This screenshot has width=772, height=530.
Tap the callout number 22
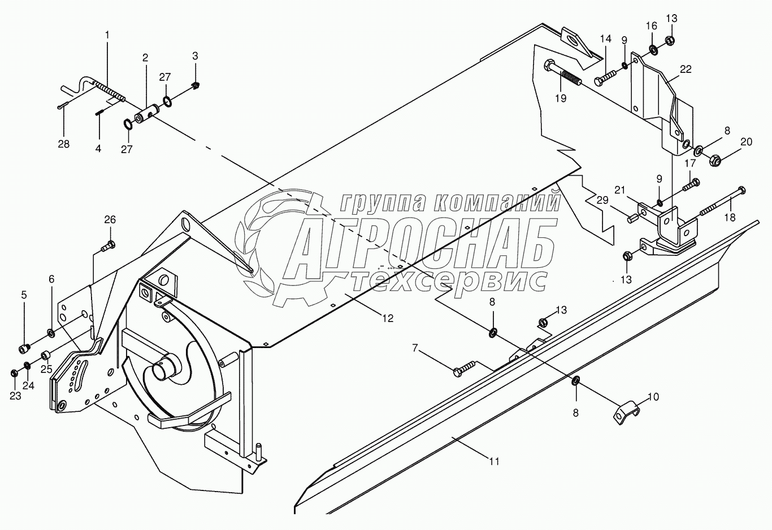point(686,69)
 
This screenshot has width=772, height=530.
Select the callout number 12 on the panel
point(387,318)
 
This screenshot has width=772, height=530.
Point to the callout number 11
point(494,462)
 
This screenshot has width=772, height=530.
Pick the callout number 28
point(64,144)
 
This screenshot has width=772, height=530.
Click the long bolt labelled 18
point(721,202)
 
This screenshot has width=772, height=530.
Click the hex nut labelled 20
point(714,160)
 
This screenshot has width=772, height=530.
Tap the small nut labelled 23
point(15,373)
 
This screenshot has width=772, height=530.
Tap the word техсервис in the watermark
point(446,280)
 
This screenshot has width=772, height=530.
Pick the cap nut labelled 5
point(25,347)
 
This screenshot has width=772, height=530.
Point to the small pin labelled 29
point(632,215)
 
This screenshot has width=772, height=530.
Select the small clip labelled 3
point(196,85)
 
